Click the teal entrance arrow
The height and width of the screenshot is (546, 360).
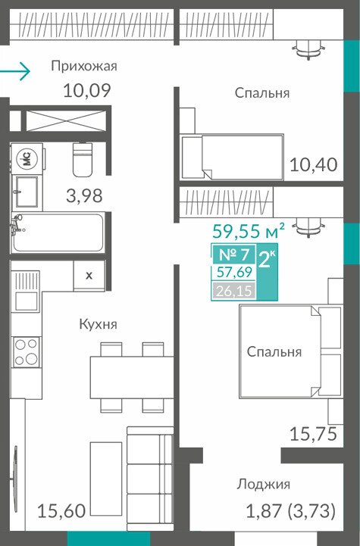click(x=15, y=71)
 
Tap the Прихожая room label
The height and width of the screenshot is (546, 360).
click(x=84, y=66)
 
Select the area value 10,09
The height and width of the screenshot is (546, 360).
click(x=87, y=90)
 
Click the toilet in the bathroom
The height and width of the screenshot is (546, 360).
click(x=83, y=159)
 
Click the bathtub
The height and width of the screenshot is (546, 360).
click(x=58, y=232)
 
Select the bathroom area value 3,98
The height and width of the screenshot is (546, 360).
click(x=84, y=195)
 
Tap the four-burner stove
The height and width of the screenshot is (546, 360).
click(x=26, y=351)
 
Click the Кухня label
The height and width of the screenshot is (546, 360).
click(x=99, y=324)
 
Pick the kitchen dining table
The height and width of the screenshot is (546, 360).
click(x=132, y=377)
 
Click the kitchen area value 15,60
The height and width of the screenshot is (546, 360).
click(x=61, y=511)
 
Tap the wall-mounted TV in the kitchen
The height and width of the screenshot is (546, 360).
click(x=15, y=479)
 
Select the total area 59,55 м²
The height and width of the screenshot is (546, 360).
click(x=249, y=230)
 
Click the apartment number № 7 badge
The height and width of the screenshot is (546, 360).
click(x=234, y=254)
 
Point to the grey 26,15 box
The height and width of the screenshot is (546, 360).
click(x=233, y=291)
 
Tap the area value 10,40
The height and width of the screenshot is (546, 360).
click(x=314, y=164)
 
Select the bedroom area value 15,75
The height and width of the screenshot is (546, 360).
click(x=314, y=434)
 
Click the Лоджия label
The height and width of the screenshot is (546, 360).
click(x=263, y=485)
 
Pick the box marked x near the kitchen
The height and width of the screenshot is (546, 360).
click(x=89, y=276)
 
